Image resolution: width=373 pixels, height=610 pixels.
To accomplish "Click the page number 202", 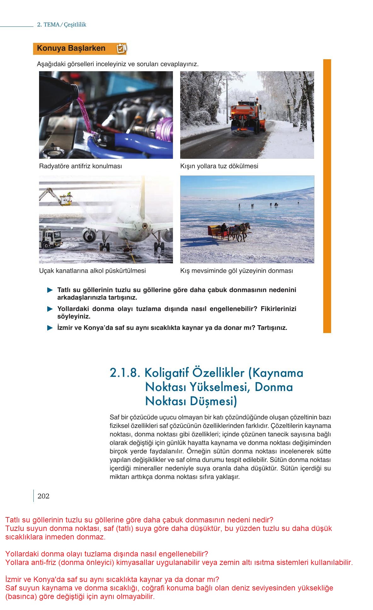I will coord(43,496).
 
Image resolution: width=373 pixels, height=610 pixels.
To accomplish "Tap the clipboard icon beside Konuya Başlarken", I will coord(121,49).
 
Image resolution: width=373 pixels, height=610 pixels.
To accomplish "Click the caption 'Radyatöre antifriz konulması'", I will coord(80,166).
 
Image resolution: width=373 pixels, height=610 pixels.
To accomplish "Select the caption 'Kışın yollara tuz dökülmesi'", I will coord(219,166).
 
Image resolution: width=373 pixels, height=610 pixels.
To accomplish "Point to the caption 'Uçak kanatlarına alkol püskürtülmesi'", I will coord(92,271).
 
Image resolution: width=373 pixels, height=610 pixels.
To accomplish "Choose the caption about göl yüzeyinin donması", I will coord(236,271).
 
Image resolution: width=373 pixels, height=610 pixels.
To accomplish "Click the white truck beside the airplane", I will coord(50,239).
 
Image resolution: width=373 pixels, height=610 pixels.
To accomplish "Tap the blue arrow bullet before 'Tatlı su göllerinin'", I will coord(50,290).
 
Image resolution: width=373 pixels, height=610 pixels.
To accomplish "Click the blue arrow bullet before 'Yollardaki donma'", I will coord(50,309).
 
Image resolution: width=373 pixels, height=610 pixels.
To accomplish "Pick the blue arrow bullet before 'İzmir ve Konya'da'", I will coord(50,328).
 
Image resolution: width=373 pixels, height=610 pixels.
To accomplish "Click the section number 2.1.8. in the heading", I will coord(124,373).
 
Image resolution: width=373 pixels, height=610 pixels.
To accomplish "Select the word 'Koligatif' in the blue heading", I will coord(163,373).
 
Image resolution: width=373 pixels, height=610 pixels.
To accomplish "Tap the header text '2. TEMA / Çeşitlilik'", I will coord(62,25).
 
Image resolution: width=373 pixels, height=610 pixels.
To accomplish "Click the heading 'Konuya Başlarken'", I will coord(71,49).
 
